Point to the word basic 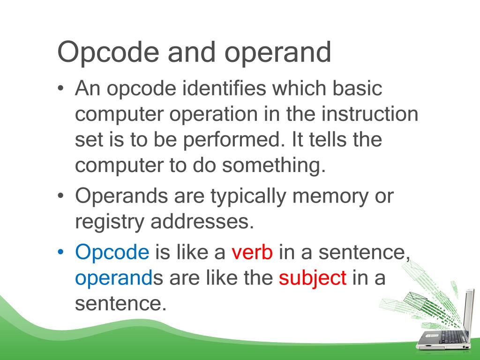(357, 89)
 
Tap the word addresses (202, 222)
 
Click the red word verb (252, 253)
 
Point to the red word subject (313, 278)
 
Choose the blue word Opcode (112, 253)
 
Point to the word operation (211, 115)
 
